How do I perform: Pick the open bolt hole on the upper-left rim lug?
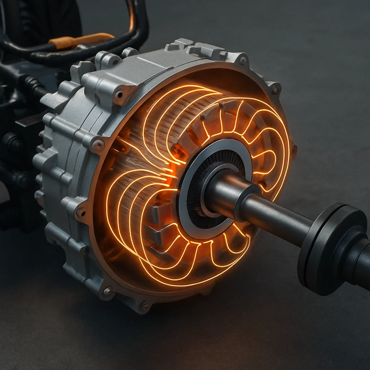(119, 95)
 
